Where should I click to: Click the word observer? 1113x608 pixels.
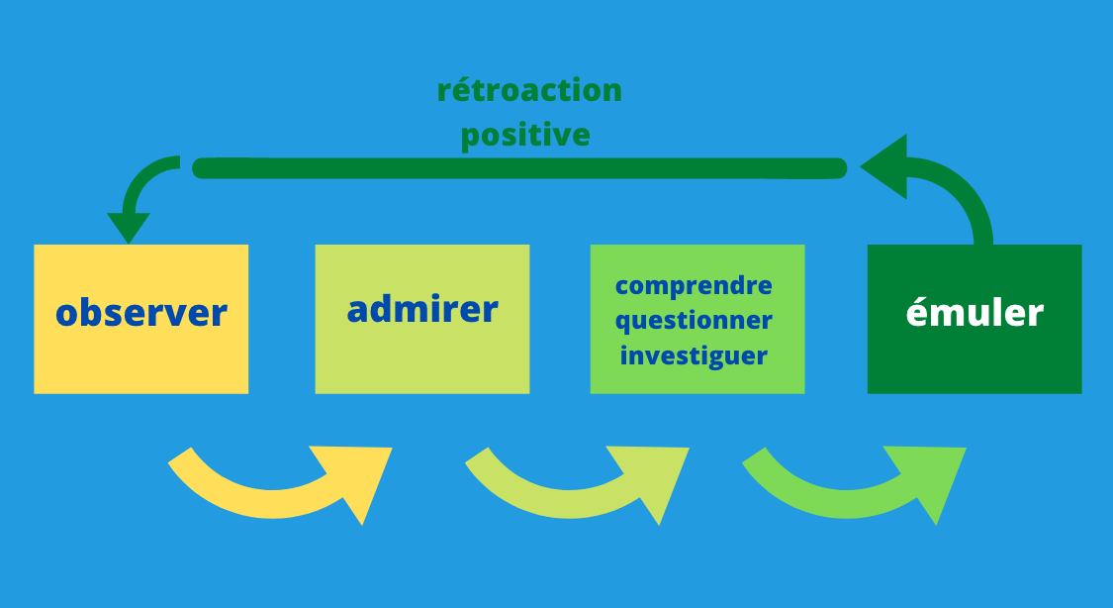(141, 313)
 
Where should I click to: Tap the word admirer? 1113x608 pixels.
(422, 309)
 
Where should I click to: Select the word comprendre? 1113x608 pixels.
(694, 285)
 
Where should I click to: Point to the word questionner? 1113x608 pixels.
(694, 321)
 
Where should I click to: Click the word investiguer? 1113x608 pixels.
(694, 355)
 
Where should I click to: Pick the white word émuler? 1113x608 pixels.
(974, 313)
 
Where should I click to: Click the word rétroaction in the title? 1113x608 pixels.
(529, 91)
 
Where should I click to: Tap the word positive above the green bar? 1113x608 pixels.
(525, 135)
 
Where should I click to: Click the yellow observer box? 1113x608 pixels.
(141, 319)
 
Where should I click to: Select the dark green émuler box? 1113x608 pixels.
(974, 319)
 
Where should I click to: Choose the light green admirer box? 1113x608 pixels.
(422, 319)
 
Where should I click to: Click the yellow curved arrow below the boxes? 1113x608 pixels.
(270, 503)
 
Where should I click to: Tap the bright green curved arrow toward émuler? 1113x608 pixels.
(845, 503)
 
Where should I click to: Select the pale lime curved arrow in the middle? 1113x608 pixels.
(568, 503)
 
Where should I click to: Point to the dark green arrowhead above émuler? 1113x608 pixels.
(884, 167)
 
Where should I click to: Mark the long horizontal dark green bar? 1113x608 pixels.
(519, 168)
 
